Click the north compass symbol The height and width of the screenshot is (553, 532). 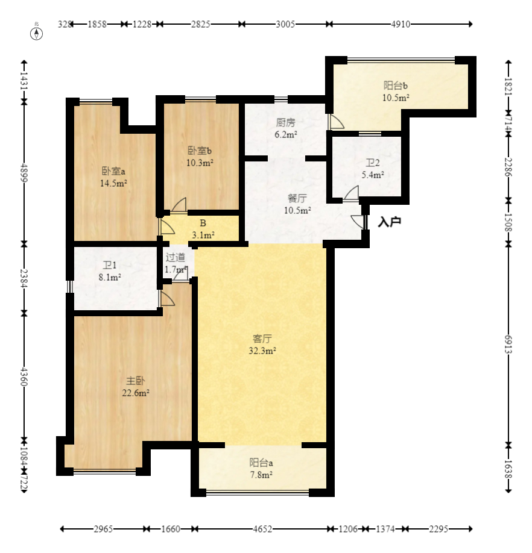[x=36, y=34]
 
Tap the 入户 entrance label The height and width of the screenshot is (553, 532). [x=390, y=222]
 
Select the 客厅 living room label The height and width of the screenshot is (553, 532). [x=262, y=339]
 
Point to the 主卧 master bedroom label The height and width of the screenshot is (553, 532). [x=136, y=381]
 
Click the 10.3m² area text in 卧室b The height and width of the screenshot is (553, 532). [x=200, y=163]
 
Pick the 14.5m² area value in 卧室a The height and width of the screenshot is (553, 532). [x=113, y=183]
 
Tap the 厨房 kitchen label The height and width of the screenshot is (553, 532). [x=285, y=122]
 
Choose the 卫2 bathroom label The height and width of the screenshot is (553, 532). [x=372, y=163]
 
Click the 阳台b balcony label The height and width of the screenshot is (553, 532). [x=396, y=86]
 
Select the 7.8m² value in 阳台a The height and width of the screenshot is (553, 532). [x=261, y=475]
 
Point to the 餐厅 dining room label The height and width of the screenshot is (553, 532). [x=297, y=198]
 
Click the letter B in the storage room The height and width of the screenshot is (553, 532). [x=203, y=223]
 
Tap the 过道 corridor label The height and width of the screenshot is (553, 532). [x=176, y=257]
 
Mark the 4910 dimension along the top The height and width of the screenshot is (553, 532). [x=401, y=24]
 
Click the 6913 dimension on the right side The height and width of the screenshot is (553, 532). [x=508, y=344]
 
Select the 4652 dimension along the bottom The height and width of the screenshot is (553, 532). [x=262, y=529]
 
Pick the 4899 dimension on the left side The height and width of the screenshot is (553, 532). [x=24, y=172]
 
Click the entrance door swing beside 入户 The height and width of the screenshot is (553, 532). [x=358, y=222]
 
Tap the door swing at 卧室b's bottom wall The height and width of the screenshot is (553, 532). [x=179, y=205]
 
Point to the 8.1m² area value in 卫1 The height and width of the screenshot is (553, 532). [x=110, y=278]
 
